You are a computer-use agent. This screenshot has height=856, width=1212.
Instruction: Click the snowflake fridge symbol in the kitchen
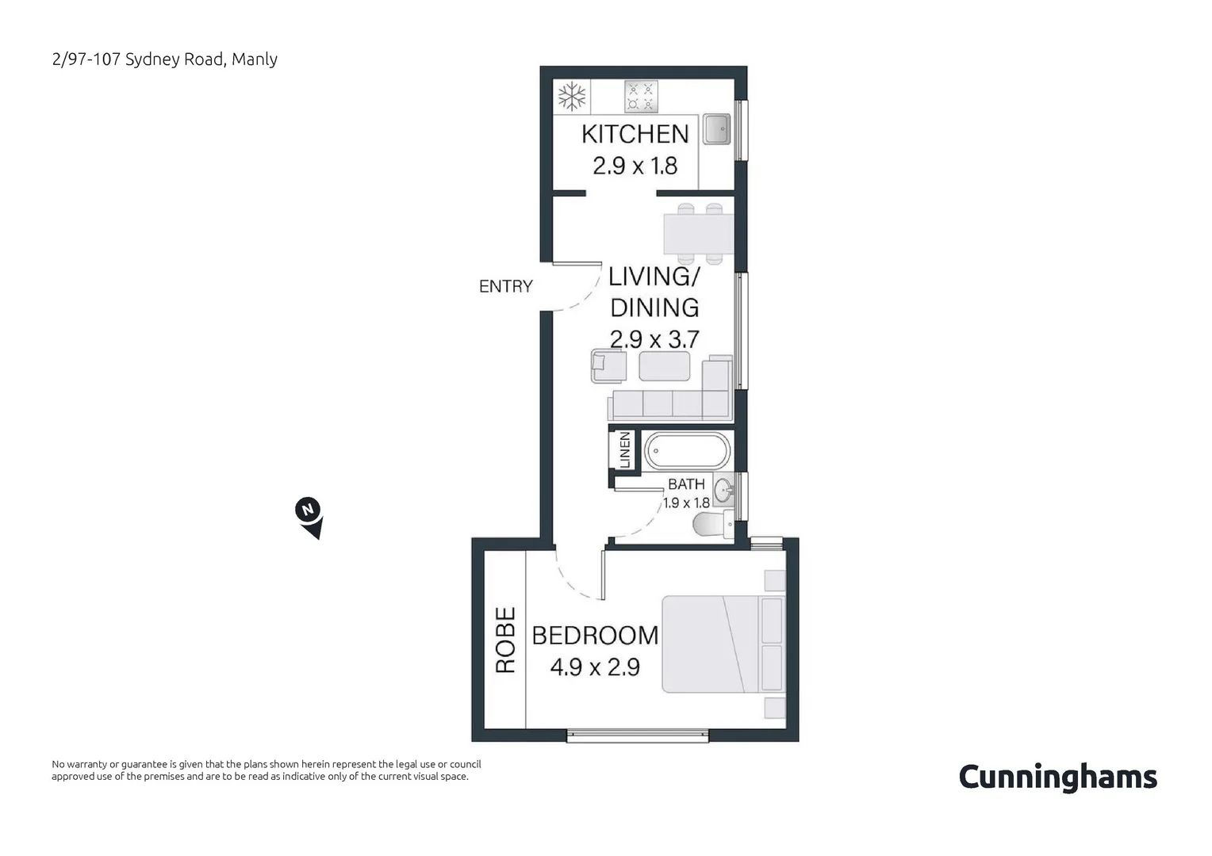tap(572, 96)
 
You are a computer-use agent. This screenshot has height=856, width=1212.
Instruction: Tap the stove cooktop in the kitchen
tap(641, 96)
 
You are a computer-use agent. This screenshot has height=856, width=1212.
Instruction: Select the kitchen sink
tap(716, 129)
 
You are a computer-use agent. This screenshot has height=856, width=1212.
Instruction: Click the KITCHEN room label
tap(635, 134)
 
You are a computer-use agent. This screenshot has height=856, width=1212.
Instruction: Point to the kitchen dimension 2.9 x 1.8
tap(635, 166)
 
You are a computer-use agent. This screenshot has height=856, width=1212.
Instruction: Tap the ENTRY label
tap(505, 286)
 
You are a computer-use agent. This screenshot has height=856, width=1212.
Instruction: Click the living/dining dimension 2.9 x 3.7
tap(654, 339)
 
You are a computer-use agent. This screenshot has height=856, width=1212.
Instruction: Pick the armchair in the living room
tap(608, 366)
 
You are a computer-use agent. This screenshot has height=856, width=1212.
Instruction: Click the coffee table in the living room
tap(665, 367)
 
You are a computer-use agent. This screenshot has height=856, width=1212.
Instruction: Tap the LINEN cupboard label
tap(624, 449)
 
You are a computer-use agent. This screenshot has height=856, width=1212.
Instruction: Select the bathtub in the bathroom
tap(686, 452)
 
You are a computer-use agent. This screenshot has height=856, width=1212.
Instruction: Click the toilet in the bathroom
tap(713, 524)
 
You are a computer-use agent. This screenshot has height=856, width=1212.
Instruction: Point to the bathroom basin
tap(724, 491)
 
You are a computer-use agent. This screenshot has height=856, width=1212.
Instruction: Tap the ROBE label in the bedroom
tap(505, 640)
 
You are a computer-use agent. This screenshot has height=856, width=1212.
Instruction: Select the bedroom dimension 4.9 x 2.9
tap(595, 667)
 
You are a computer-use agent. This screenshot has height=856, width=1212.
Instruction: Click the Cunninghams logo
tap(1057, 777)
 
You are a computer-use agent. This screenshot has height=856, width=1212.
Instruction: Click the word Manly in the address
tap(255, 59)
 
